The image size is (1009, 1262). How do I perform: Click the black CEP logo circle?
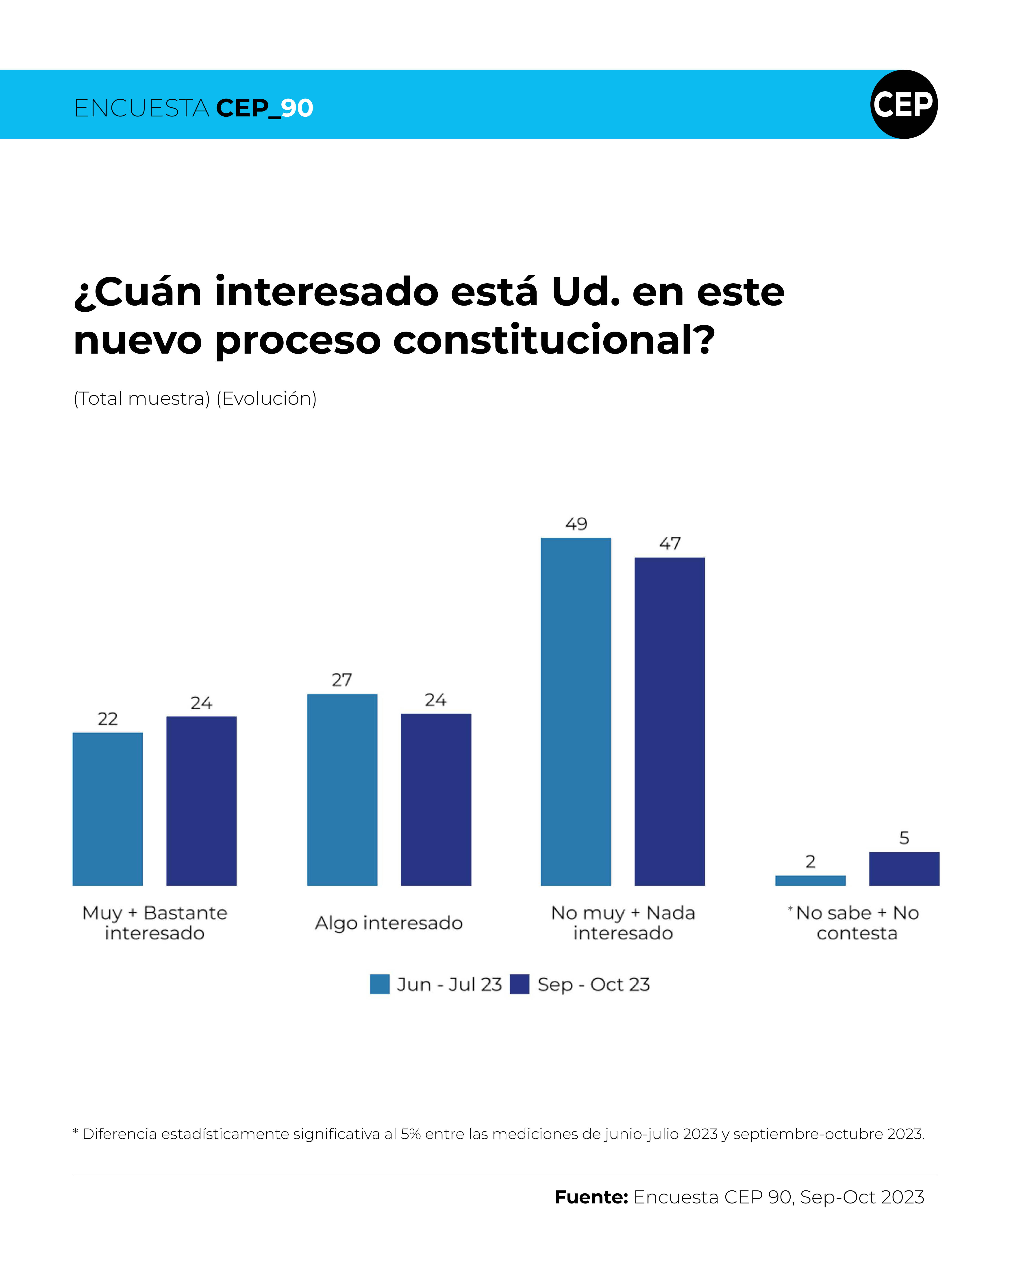point(904,104)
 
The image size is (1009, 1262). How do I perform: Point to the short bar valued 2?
point(810,880)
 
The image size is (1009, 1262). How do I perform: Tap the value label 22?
point(108,719)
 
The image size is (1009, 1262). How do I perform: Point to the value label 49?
point(576,524)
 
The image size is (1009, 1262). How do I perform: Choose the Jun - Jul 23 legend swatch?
point(380,984)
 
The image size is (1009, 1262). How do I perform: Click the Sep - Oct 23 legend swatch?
point(520,984)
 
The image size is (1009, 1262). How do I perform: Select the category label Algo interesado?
point(389,923)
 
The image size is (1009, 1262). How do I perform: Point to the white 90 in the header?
point(297,108)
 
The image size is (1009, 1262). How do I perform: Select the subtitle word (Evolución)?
point(267,399)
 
